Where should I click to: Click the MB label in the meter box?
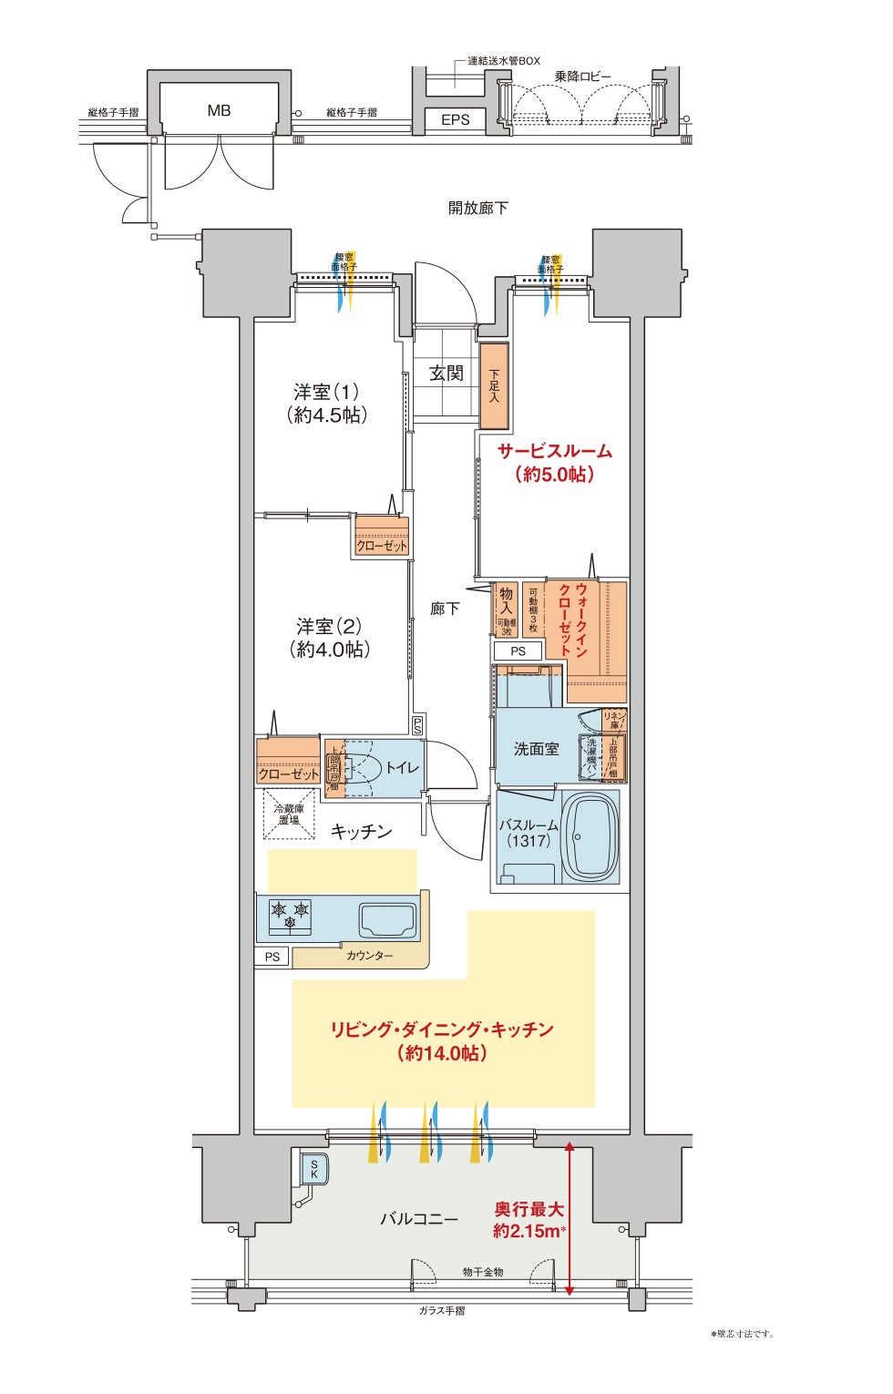pos(219,110)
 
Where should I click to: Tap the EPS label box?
pos(455,119)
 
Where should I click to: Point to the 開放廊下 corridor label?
pos(477,208)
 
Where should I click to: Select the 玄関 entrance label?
pos(446,374)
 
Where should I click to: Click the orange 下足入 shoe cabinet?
pos(494,385)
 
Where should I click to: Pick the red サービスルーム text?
pos(555,451)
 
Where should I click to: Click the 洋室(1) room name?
pos(326,392)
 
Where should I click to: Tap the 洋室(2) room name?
pos(329,627)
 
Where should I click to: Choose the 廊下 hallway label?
pos(445,609)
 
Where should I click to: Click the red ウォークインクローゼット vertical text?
pos(573,620)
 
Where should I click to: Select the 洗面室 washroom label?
pos(536,749)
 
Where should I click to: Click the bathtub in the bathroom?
pos(590,836)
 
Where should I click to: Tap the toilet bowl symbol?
pos(362,767)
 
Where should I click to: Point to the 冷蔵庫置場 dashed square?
pos(289,815)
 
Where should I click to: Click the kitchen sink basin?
pos(388,919)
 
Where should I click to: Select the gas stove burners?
pos(290,915)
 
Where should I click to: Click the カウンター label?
pos(369,956)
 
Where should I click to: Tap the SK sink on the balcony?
pos(313,1169)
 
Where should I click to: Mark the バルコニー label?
pos(419,1218)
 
